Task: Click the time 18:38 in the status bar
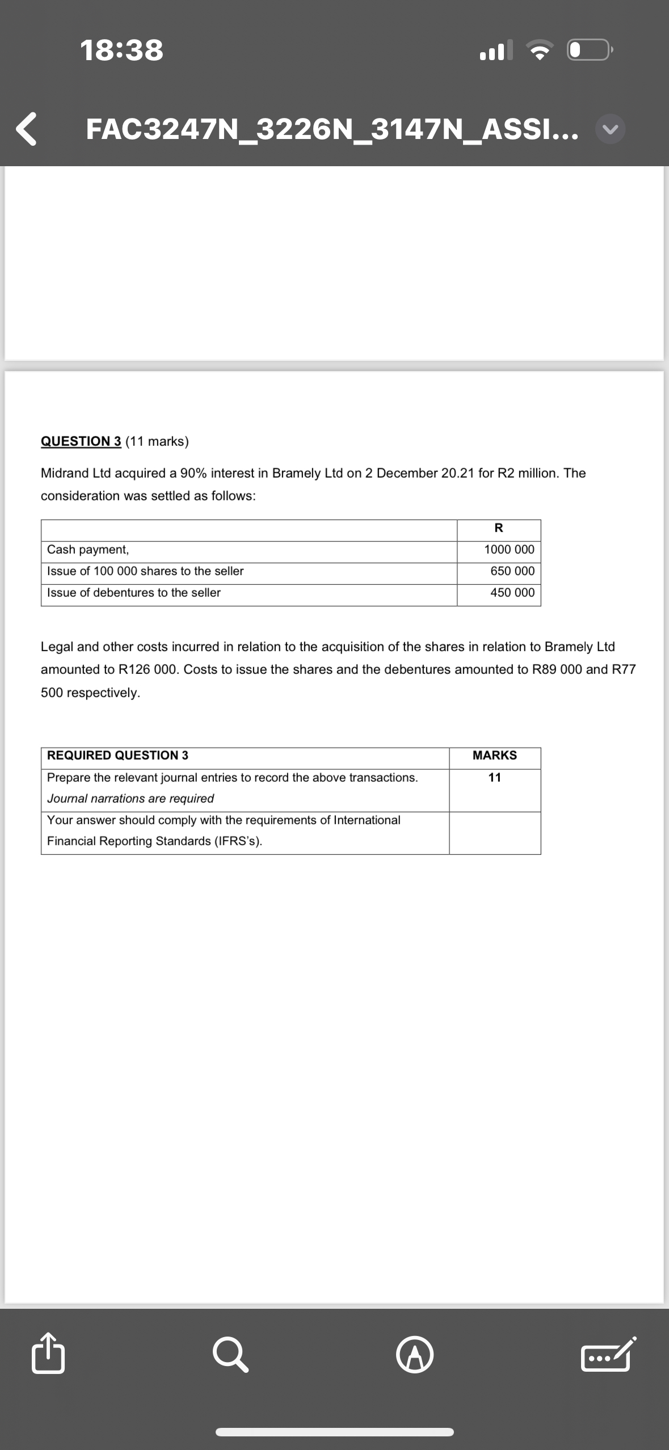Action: pyautogui.click(x=122, y=50)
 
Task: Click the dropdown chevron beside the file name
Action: pyautogui.click(x=611, y=130)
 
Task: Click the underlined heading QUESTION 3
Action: pyautogui.click(x=81, y=441)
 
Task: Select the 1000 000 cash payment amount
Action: pyautogui.click(x=509, y=549)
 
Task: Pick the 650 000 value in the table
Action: pyautogui.click(x=512, y=571)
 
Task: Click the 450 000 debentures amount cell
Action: pyautogui.click(x=512, y=592)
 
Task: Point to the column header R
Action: pyautogui.click(x=499, y=528)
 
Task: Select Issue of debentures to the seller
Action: pyautogui.click(x=134, y=592)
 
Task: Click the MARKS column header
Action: pyautogui.click(x=495, y=755)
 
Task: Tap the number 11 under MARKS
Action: pyautogui.click(x=495, y=777)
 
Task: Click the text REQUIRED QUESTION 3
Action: pyautogui.click(x=117, y=755)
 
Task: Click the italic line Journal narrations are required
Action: pyautogui.click(x=131, y=798)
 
